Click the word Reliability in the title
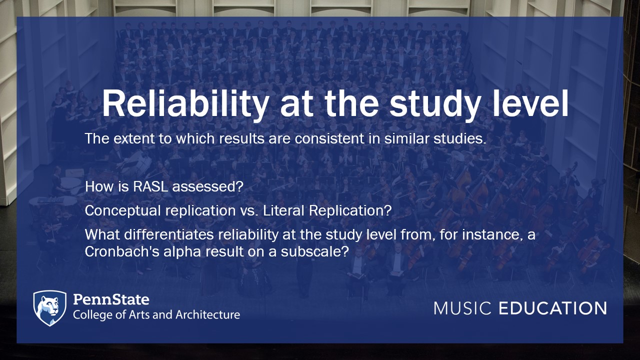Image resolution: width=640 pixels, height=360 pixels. point(184,104)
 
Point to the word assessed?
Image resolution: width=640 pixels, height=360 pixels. point(207,187)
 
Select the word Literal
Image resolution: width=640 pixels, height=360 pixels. point(283,211)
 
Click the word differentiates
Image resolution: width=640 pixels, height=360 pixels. point(169,235)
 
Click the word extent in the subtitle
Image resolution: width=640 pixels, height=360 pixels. point(133,139)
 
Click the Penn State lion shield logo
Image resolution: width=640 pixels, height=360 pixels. point(49,308)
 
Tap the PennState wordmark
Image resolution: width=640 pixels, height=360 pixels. point(111,299)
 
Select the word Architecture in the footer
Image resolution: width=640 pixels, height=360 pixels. point(207,314)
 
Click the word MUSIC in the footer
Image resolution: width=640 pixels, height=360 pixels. point(462,308)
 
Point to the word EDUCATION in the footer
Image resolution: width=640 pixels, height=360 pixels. point(553,308)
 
